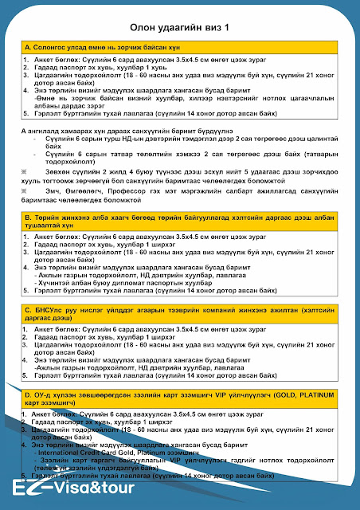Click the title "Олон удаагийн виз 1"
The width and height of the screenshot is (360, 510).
pos(180,29)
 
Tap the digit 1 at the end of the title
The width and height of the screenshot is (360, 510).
pos(227,29)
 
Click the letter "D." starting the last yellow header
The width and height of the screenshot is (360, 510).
pos(29,394)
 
